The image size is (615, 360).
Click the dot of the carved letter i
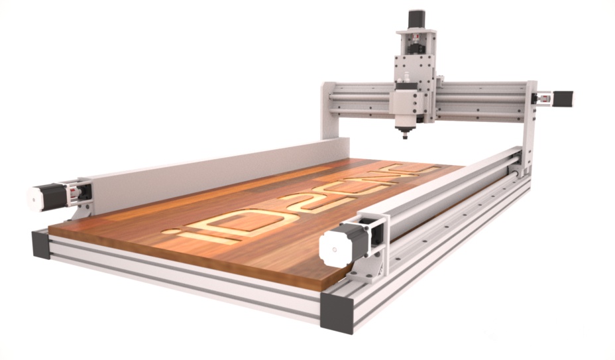(170, 231)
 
